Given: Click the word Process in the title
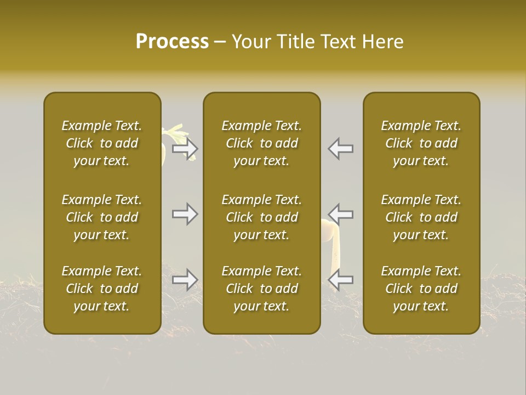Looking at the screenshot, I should tap(172, 42).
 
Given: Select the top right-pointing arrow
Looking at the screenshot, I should tap(185, 148).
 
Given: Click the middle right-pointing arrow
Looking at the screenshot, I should tap(185, 214).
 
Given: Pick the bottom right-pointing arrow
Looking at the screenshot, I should tap(185, 280).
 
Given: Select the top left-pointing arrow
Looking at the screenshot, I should tap(340, 148).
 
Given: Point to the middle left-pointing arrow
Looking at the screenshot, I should tap(340, 214).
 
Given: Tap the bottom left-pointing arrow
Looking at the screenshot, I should tap(340, 280).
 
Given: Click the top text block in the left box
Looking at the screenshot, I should tap(102, 143).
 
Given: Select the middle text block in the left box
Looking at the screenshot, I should tap(102, 217).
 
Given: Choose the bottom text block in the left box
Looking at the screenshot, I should tap(102, 289).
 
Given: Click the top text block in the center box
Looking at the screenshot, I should tap(261, 143).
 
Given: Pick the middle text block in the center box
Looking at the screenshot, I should tap(261, 217).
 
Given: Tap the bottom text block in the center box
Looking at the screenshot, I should tap(261, 289).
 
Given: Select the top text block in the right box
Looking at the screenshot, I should tap(421, 143).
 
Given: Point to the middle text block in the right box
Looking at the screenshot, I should tap(421, 217).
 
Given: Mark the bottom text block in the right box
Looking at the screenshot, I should tap(421, 289).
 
